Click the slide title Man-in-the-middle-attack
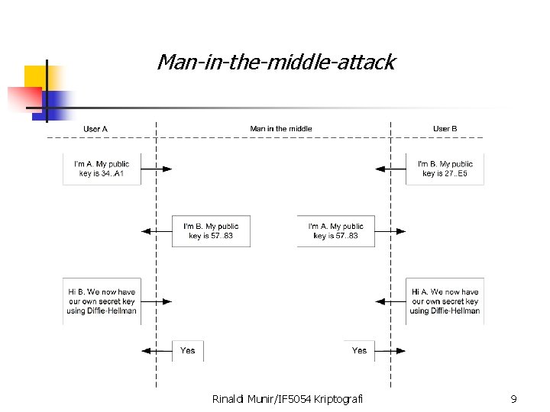pos(276,62)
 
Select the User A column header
pos(95,128)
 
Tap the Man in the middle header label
pos(281,128)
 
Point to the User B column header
pos(445,128)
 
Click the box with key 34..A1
pos(102,169)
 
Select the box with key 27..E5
pos(445,169)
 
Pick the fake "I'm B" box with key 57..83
pos(211,231)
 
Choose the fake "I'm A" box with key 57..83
pos(336,231)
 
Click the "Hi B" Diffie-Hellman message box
pos(102,301)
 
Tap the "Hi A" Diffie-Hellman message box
pos(445,301)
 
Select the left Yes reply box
pos(188,351)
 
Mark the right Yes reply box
pos(359,351)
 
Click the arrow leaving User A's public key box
pos(157,169)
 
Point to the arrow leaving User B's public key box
pos(390,169)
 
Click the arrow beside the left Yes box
pos(157,351)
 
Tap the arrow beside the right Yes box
pos(390,351)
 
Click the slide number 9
pos(513,398)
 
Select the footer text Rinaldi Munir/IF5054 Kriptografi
pos(288,398)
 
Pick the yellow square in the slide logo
pos(36,77)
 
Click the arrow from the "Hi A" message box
pos(390,301)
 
